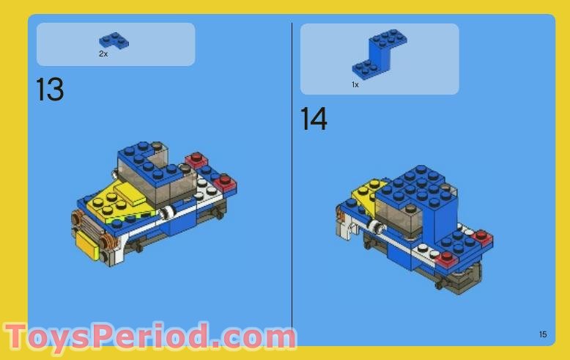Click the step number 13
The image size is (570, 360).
(x=50, y=89)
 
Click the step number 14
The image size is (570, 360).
(x=314, y=119)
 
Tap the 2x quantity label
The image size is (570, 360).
(x=103, y=54)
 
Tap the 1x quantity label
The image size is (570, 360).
(x=355, y=85)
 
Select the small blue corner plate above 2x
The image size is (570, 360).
(x=114, y=40)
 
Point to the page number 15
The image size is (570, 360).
(x=543, y=334)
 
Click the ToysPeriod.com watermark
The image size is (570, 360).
(x=149, y=337)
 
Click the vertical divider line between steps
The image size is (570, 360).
(x=292, y=175)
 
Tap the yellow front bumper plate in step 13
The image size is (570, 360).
(x=88, y=245)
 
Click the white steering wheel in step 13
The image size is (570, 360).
(x=167, y=213)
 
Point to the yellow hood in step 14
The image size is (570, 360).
(x=367, y=192)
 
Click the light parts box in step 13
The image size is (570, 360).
(x=116, y=45)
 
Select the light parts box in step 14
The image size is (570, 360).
(x=380, y=59)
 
